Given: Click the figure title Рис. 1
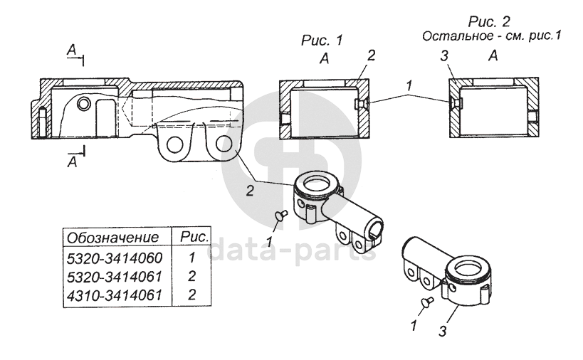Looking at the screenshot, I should (322, 41).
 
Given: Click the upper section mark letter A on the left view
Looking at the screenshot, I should (70, 50).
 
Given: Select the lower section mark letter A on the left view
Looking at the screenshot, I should (70, 161).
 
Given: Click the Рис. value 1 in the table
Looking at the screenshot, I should (193, 257).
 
